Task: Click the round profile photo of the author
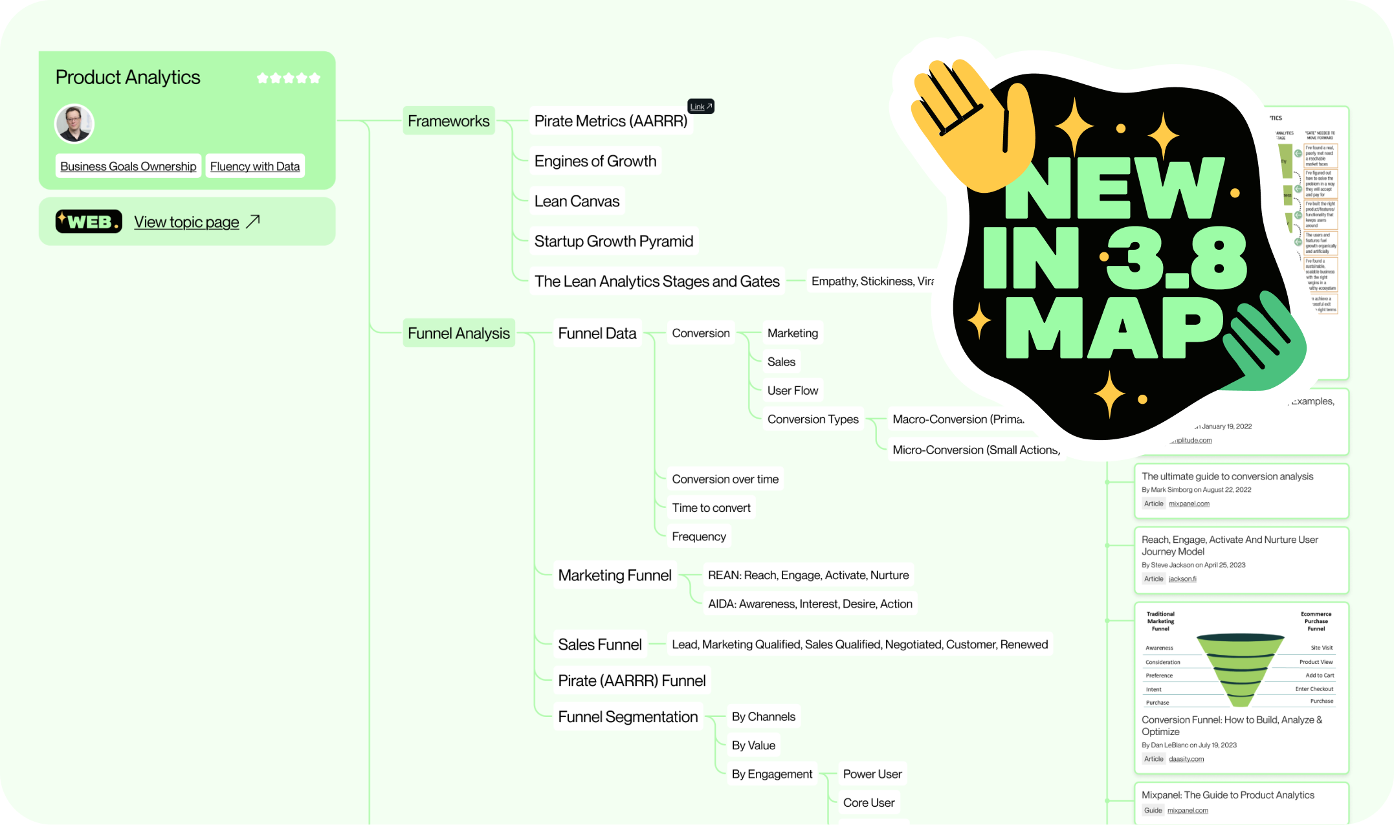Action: pyautogui.click(x=74, y=123)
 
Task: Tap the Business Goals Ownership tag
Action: pyautogui.click(x=128, y=166)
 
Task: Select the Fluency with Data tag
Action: pyautogui.click(x=255, y=166)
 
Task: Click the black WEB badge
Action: pyautogui.click(x=89, y=221)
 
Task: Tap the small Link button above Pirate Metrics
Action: pyautogui.click(x=700, y=107)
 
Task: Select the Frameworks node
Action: pyautogui.click(x=448, y=121)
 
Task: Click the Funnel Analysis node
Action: pyautogui.click(x=458, y=333)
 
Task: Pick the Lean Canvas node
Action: pyautogui.click(x=577, y=201)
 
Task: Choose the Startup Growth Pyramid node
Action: pyautogui.click(x=614, y=241)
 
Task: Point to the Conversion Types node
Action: pyautogui.click(x=813, y=419)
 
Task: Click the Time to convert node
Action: pyautogui.click(x=711, y=508)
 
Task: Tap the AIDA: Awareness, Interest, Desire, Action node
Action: pyautogui.click(x=810, y=604)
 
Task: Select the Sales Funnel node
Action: pyautogui.click(x=600, y=644)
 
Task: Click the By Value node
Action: pyautogui.click(x=753, y=745)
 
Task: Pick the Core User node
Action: pyautogui.click(x=868, y=802)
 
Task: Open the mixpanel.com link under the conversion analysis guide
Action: pyautogui.click(x=1189, y=503)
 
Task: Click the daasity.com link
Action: pyautogui.click(x=1186, y=759)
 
